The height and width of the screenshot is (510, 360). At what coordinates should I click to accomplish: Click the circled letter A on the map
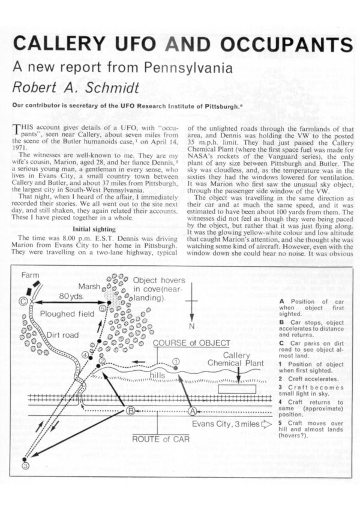pyautogui.click(x=193, y=411)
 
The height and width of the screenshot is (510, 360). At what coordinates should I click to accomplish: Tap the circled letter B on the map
pyautogui.click(x=129, y=411)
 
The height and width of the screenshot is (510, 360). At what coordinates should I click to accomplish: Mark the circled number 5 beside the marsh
pyautogui.click(x=102, y=308)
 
